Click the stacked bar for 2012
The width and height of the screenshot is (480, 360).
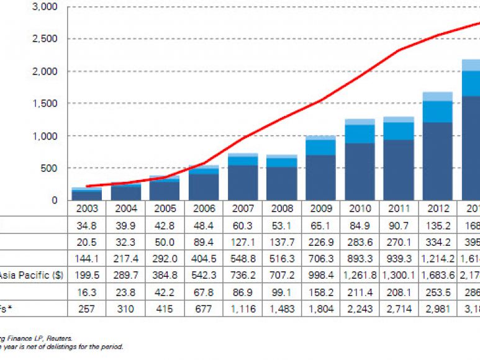[437, 146]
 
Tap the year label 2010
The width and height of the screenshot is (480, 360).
[359, 209]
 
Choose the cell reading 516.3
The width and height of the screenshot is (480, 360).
[283, 256]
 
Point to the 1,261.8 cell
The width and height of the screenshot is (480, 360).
[360, 272]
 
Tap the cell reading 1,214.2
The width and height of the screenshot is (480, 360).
[438, 256]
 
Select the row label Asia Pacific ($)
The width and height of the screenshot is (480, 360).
[27, 272]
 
